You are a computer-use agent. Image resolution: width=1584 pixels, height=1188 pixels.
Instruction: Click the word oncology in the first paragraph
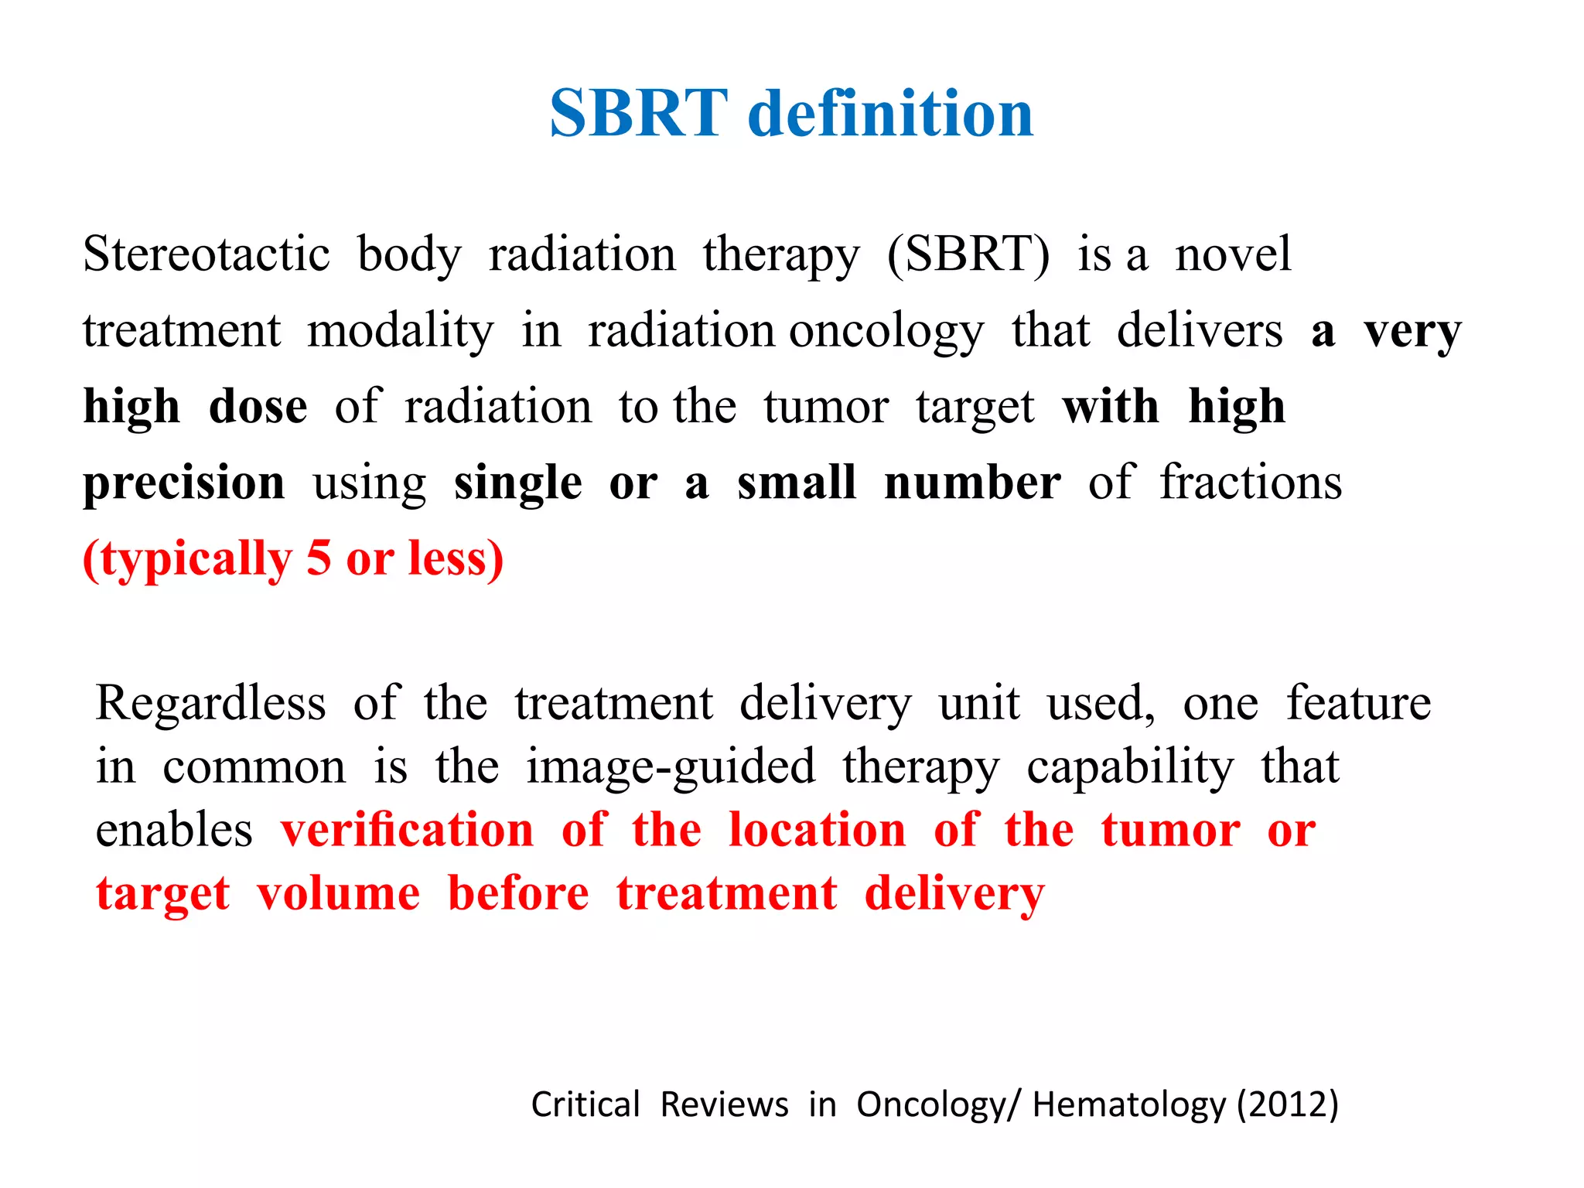coord(886,331)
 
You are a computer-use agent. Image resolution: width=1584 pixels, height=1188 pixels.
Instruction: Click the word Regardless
coord(210,703)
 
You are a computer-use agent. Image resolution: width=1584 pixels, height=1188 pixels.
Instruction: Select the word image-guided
coord(671,766)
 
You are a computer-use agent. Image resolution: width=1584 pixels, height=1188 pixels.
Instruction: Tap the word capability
coord(1130,766)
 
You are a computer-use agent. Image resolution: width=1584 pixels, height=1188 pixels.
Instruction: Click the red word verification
coord(408,830)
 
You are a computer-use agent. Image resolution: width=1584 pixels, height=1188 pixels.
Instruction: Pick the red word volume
coord(339,893)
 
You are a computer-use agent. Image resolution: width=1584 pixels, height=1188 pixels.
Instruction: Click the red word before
coord(518,893)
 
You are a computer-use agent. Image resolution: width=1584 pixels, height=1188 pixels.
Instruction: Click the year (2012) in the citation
coord(1288,1104)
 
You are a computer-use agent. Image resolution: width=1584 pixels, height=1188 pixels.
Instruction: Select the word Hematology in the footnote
coord(1129,1104)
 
